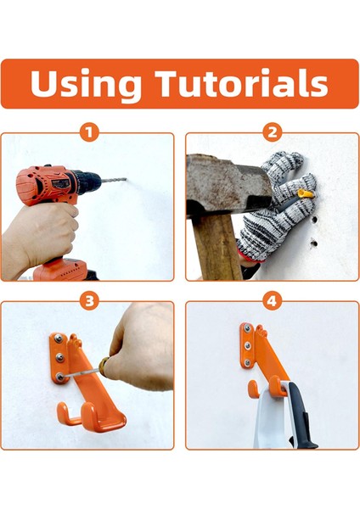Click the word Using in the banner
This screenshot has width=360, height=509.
point(86,84)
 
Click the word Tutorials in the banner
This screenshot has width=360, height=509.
point(241,82)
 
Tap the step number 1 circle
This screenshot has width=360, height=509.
point(89,132)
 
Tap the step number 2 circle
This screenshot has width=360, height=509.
point(272,132)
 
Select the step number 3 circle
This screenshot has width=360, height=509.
point(89,301)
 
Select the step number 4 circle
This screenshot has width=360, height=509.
point(272,301)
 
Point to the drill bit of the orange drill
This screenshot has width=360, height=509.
point(114,180)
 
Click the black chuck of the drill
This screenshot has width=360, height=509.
point(87,180)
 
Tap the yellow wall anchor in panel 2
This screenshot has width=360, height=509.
point(307,195)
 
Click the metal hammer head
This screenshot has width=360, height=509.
point(228,183)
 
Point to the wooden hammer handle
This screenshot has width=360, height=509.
point(218,247)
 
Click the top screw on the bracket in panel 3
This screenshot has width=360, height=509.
point(58,338)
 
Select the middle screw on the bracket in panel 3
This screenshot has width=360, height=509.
point(59,358)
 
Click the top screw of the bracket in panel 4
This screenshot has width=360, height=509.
point(247,330)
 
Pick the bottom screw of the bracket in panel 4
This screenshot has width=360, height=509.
point(247,362)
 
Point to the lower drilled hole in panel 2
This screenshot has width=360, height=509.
point(313,243)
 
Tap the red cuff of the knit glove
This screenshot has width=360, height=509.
point(250,256)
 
